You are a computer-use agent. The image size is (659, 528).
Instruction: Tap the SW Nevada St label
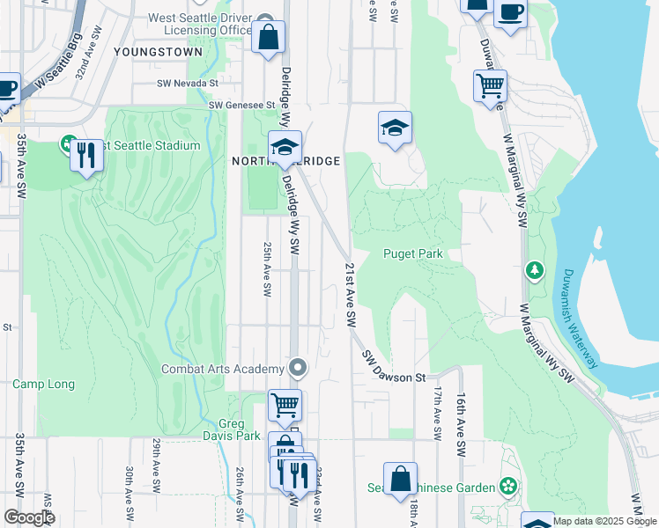187,84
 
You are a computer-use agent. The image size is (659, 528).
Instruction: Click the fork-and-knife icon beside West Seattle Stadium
86,155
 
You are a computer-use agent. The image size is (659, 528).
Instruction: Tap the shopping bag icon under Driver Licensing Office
269,39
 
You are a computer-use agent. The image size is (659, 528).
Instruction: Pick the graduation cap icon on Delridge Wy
285,148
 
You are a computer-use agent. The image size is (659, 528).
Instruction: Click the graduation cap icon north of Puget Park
396,128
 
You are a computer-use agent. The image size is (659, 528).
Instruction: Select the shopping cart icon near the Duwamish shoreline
490,86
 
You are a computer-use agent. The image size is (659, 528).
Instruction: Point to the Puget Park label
411,254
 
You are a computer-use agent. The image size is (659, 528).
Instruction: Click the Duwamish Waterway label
581,319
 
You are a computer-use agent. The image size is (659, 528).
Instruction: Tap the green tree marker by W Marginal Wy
533,268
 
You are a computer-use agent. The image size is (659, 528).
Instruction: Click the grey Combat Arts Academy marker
299,367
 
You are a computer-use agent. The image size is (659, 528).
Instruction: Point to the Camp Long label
43,385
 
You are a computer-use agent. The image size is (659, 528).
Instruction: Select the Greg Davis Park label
238,429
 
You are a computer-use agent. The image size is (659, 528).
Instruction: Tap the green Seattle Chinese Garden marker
507,485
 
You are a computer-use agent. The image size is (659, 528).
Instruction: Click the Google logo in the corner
29,517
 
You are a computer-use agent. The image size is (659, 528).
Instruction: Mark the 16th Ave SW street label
460,425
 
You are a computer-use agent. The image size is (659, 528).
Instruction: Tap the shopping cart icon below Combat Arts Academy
285,406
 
